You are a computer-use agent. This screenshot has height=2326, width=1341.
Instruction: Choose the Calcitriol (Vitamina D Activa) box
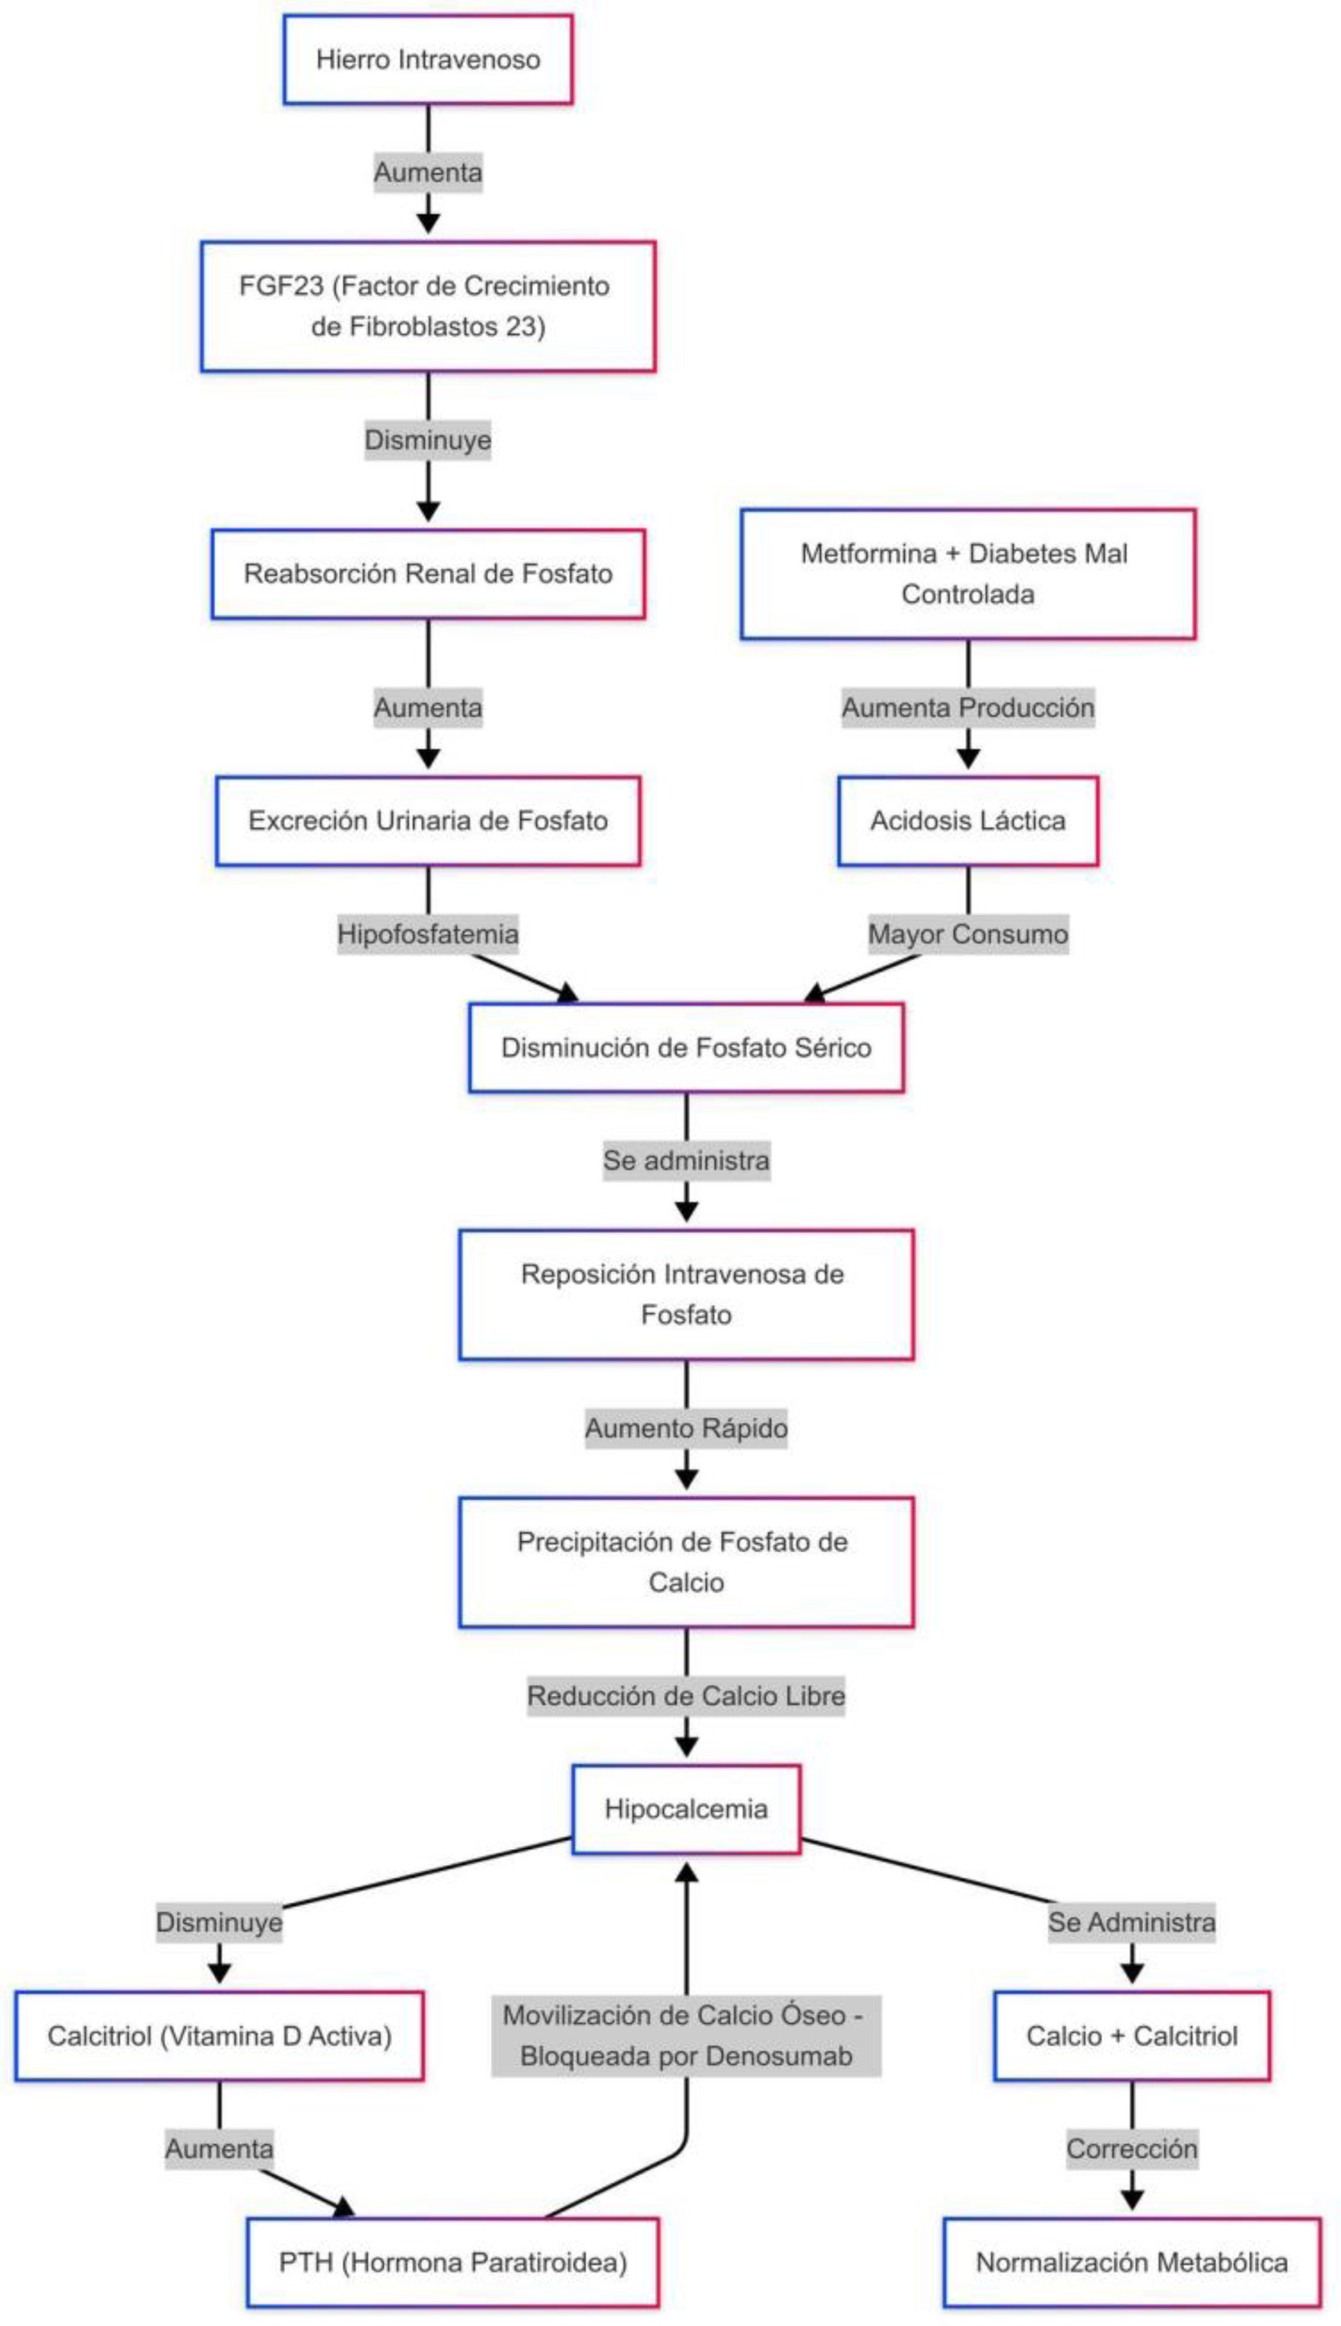tap(219, 2035)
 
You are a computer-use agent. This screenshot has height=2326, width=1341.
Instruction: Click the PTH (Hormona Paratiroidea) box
tap(452, 2262)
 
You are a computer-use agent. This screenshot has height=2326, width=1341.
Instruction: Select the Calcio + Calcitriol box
tap(1131, 2035)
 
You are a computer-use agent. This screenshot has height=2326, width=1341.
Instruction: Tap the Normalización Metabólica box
tap(1131, 2262)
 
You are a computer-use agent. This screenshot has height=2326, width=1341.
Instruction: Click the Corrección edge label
tap(1131, 2148)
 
